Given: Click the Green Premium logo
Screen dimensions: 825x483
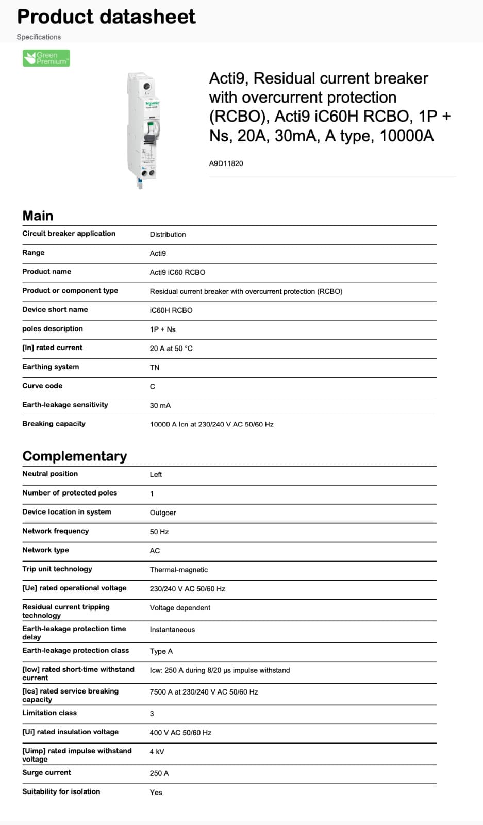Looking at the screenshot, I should coord(46,58).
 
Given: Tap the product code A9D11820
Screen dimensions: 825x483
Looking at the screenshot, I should coord(226,163).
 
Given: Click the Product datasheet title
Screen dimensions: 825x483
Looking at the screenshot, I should coord(106,16).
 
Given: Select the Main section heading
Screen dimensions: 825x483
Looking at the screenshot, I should coord(38,216).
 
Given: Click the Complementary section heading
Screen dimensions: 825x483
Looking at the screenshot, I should coord(74,456).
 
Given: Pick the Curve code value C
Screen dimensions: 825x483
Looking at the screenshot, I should coord(152,386).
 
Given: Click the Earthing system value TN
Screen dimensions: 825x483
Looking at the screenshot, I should coord(155,367).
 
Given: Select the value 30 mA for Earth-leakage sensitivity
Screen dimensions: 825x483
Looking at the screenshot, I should coord(160,405).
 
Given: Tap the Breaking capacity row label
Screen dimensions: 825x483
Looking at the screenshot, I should coord(54,424).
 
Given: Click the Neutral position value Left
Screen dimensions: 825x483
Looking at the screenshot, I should coord(156,474).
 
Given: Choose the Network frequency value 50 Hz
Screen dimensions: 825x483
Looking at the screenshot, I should coord(159,532).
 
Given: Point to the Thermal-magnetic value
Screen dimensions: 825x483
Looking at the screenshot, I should coord(178,570).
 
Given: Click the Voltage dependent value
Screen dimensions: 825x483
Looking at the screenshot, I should coord(180,608).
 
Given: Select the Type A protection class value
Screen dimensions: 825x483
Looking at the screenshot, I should coord(161,651).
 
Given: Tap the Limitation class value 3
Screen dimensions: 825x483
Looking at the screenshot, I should coord(152,714).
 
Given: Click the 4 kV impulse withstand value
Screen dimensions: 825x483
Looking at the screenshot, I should coord(157,752).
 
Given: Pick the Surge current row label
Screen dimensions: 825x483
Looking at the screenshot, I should coord(46,772).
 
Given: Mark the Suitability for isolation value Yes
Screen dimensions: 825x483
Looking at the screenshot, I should coord(156,793).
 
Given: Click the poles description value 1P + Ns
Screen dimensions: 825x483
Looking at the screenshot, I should coord(162,329).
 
